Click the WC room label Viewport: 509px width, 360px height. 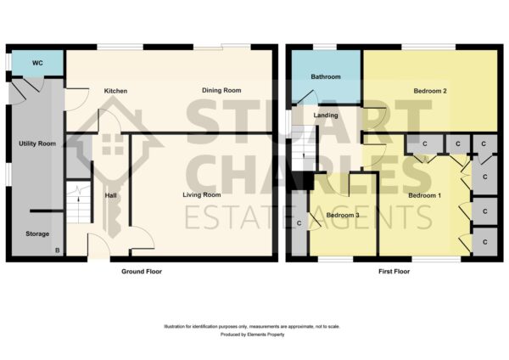pos(37,63)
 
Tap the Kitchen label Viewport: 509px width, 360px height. pos(115,91)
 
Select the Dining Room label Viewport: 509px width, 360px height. pos(221,90)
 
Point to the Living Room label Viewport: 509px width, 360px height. pos(202,195)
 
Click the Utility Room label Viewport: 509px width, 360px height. pos(37,143)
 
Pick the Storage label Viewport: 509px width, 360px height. pos(37,234)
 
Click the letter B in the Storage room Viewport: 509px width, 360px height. pos(58,250)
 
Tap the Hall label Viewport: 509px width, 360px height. pos(110,195)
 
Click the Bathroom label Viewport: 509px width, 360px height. pos(326,77)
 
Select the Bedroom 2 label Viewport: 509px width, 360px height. pos(430,91)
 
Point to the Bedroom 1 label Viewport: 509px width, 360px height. pos(425,195)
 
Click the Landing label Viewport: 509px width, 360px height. pos(326,115)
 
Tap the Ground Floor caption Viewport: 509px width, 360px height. pos(142,272)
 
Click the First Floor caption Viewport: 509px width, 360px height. pos(394,272)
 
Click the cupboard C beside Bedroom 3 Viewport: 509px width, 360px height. pos(299,223)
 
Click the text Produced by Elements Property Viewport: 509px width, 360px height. pos(252,335)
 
